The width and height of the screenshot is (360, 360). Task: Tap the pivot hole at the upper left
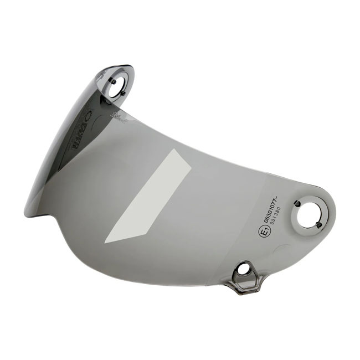pos(117,86)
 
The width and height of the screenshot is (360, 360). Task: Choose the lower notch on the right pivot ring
pos(321,225)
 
